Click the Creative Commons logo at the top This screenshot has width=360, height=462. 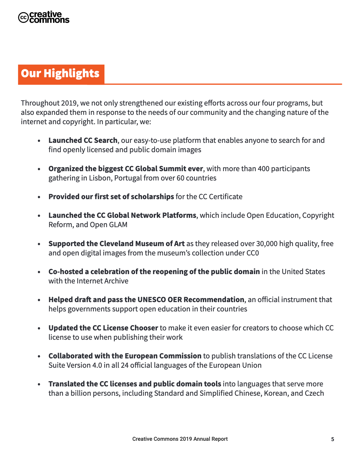tap(44, 17)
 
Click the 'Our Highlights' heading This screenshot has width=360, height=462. tap(60, 74)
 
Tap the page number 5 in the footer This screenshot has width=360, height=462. tap(333, 439)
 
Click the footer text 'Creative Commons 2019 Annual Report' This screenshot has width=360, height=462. tap(180, 439)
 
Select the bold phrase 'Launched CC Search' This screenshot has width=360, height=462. tap(83, 141)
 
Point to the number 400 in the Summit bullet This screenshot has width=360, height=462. tap(264, 169)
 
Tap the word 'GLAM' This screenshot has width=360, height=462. tap(118, 225)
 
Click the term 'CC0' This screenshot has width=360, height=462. tap(252, 253)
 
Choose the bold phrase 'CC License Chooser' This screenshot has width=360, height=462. tap(125, 328)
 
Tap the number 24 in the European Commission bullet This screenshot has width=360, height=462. tap(124, 365)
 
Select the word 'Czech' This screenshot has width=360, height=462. tap(314, 393)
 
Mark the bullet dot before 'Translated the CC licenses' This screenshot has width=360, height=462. tap(39, 384)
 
